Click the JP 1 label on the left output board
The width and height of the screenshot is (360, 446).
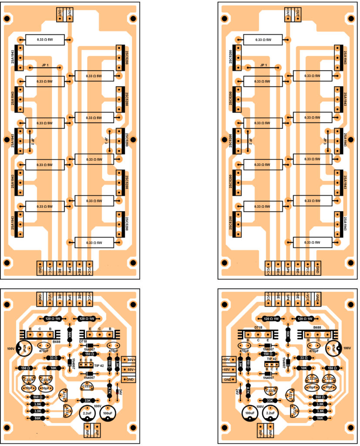pos(45,65)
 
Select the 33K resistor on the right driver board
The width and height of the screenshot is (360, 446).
pos(270,400)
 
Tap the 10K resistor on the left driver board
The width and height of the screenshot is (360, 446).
pos(53,368)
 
